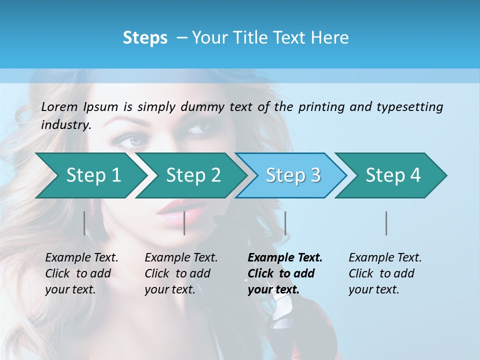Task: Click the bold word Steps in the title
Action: coord(145,38)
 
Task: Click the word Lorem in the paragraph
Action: coord(59,106)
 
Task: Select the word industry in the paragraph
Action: coord(65,125)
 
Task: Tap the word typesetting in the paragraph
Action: coord(409,106)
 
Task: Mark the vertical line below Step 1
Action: coord(84,223)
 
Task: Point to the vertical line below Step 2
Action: coord(184,223)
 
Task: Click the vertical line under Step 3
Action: coord(285,223)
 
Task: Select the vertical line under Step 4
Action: coord(386,223)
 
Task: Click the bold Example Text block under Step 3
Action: coord(284,273)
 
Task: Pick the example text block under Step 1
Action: coord(81,273)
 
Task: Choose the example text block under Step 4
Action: coord(384,273)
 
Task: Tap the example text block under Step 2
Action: coord(180,273)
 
